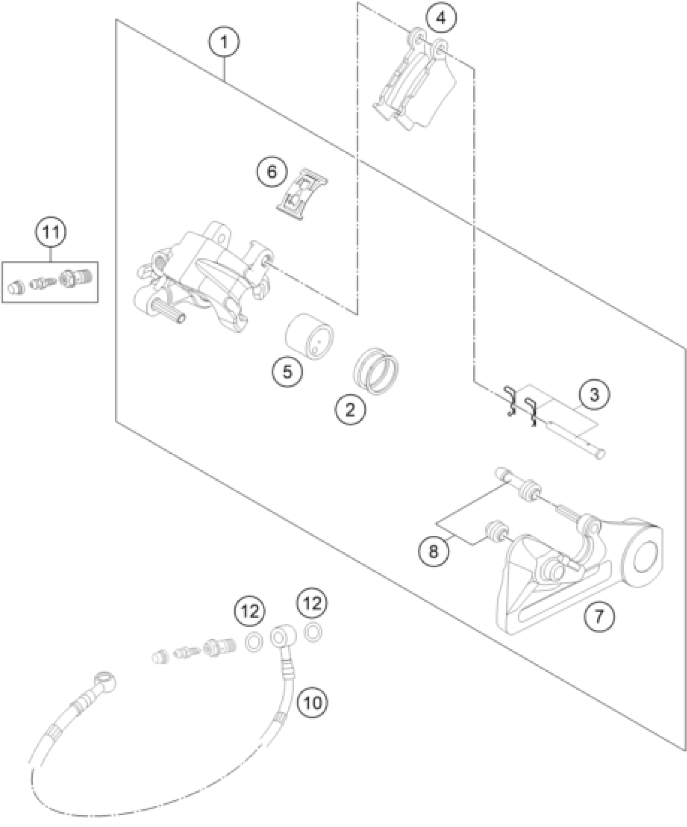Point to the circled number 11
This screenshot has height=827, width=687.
pyautogui.click(x=51, y=233)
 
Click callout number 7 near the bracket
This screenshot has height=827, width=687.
pyautogui.click(x=598, y=627)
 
